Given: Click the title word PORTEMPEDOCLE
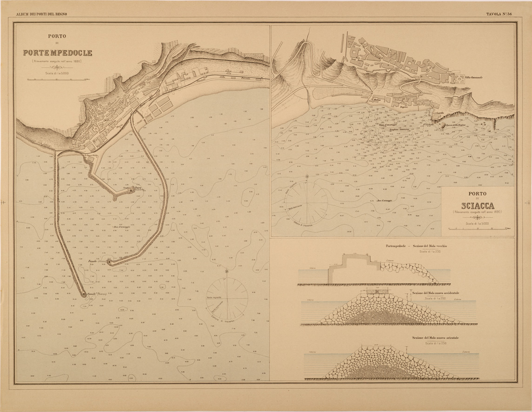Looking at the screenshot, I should point(58,53).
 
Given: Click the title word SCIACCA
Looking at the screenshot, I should point(478,206).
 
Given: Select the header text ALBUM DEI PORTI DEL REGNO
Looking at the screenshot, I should point(41,14).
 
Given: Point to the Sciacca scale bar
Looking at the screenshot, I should point(478,229).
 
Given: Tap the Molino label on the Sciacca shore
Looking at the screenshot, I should point(377,99).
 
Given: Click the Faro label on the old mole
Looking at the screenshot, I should point(138,188).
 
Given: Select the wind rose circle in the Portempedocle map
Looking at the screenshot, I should point(226,297).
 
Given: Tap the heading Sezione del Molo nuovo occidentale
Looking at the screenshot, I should point(435,294).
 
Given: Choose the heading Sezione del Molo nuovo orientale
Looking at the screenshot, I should point(435,338).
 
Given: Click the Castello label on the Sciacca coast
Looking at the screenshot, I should point(439,113).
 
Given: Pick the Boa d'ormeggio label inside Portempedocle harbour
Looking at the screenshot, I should point(122,227).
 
